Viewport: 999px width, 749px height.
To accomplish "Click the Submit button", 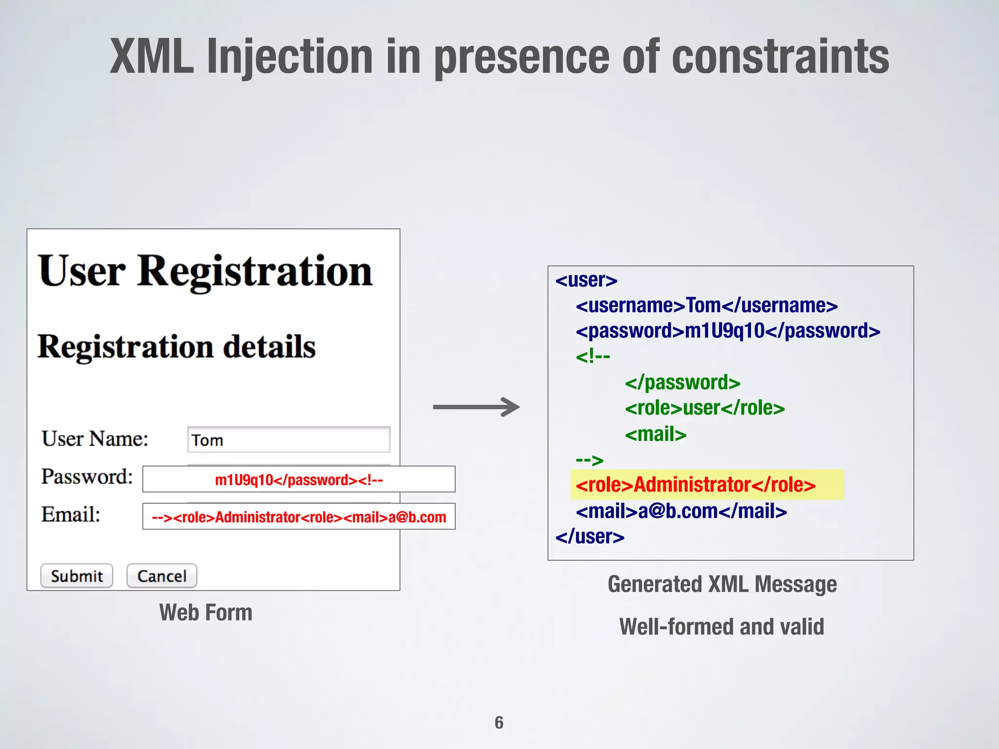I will (77, 576).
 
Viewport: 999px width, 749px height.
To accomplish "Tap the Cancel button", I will (162, 576).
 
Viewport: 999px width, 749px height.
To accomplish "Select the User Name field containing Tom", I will (288, 440).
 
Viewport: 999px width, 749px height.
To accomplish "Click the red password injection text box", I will (299, 479).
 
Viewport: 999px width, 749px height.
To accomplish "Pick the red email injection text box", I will (299, 516).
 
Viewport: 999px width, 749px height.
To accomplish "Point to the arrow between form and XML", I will (476, 407).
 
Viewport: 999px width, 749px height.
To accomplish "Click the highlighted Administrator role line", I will (696, 485).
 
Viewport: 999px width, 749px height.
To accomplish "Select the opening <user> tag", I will (586, 280).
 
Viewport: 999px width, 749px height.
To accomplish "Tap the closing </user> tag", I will (590, 536).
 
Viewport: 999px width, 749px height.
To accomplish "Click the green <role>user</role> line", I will (705, 408).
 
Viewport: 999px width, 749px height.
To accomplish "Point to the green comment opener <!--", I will (593, 356).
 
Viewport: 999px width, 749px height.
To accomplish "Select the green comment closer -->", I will (589, 459).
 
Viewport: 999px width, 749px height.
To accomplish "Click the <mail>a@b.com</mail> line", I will (681, 511).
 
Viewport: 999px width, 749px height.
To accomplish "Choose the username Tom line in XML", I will (706, 306).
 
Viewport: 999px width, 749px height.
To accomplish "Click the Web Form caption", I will (205, 612).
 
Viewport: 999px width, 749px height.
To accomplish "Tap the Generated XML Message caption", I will (722, 584).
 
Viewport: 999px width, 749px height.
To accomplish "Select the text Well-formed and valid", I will (721, 627).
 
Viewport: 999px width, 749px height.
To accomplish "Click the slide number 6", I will (499, 722).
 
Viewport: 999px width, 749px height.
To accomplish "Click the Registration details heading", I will (177, 347).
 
